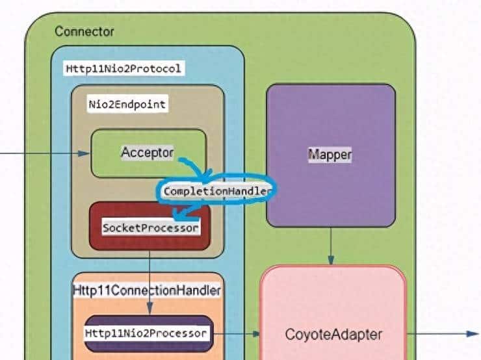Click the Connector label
click(x=84, y=31)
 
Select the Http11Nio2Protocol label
click(x=123, y=68)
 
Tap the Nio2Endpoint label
click(x=127, y=104)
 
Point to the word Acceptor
click(x=147, y=153)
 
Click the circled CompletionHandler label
click(x=217, y=191)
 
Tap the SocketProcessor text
click(x=150, y=228)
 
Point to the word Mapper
click(x=330, y=155)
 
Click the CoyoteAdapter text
click(x=333, y=335)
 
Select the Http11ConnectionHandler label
click(x=147, y=289)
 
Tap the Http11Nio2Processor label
click(x=146, y=333)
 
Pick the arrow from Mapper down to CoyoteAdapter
click(x=331, y=247)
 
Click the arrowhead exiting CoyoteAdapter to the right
click(x=473, y=334)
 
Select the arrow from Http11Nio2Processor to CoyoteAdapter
click(x=237, y=334)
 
